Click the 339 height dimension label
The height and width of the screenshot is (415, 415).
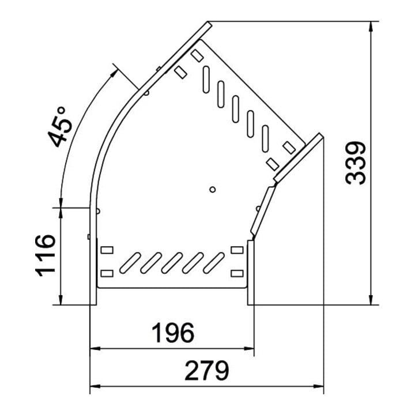(x=356, y=163)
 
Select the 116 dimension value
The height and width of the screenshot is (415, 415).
(x=46, y=255)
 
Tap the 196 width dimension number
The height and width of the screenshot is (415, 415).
(x=173, y=333)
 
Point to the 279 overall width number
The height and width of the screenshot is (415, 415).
(x=207, y=370)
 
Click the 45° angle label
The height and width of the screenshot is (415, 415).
(x=61, y=127)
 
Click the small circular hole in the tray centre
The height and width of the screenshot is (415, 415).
(x=212, y=190)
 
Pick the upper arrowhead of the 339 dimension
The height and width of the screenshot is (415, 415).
(x=371, y=27)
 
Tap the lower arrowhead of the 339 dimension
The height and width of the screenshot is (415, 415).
(x=371, y=299)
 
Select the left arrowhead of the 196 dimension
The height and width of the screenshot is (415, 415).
(x=95, y=349)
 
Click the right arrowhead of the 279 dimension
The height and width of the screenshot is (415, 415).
(x=318, y=386)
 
